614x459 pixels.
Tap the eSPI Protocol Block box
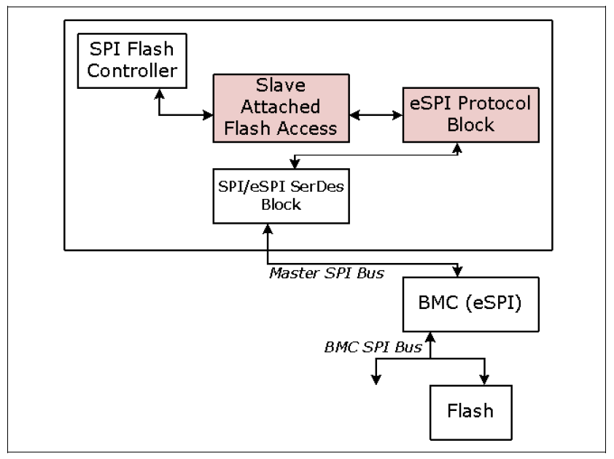(x=470, y=114)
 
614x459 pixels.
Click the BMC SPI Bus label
(x=373, y=347)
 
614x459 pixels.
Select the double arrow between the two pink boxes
(x=376, y=114)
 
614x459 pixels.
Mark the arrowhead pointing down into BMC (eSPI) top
(x=457, y=271)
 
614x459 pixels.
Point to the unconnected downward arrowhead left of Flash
(x=376, y=378)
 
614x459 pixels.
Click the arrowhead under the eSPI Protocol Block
(x=458, y=148)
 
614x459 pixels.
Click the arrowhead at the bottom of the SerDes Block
(x=269, y=229)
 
